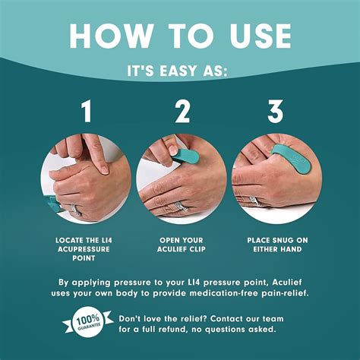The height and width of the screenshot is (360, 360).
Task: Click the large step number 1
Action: [87, 111]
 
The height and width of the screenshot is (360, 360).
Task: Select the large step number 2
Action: [182, 111]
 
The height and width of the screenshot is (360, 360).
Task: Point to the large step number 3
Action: [276, 111]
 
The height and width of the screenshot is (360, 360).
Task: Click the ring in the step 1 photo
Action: [76, 210]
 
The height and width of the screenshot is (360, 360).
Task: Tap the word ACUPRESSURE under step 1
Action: [84, 249]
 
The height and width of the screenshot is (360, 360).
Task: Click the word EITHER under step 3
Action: [266, 249]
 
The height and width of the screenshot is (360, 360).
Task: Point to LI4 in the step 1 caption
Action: [105, 240]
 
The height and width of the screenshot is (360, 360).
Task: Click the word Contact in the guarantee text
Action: [226, 319]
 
